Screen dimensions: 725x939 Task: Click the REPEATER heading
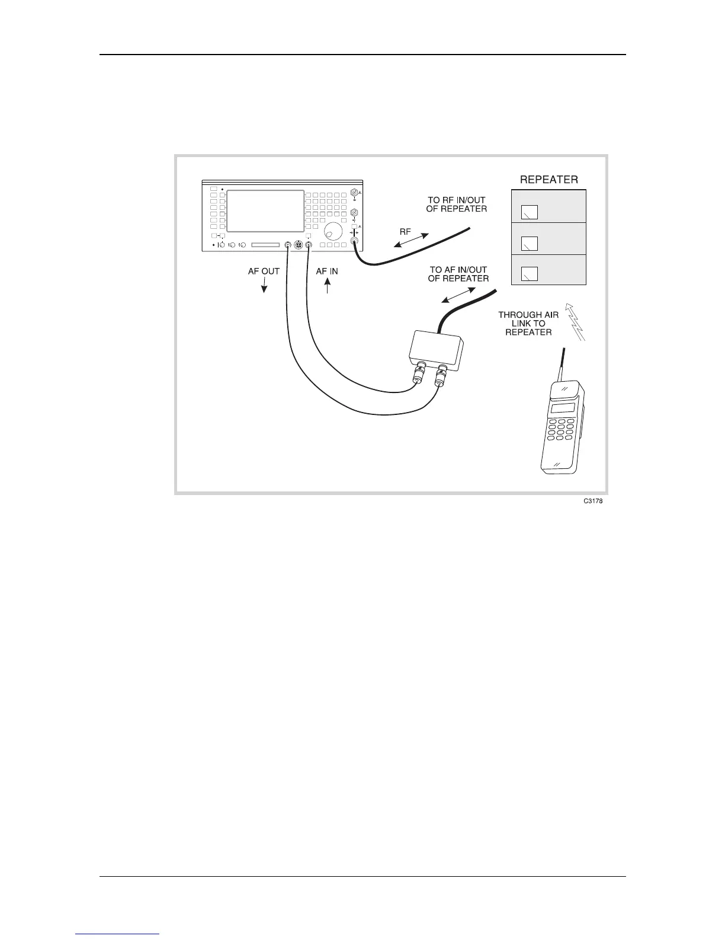548,179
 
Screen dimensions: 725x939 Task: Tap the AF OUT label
264,271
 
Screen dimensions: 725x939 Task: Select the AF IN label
327,271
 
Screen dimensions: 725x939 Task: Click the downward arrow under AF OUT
264,286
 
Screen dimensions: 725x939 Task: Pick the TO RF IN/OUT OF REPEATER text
457,205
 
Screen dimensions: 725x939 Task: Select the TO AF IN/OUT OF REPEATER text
458,274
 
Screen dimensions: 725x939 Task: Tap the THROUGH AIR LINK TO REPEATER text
528,324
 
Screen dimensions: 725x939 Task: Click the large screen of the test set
265,211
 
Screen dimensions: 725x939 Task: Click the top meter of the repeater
530,212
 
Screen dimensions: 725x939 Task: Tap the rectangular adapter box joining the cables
435,349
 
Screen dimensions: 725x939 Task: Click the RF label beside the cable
405,232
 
